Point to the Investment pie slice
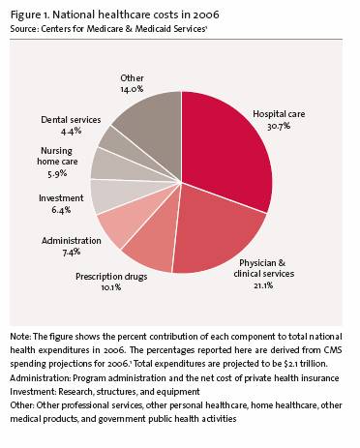tap(109, 195)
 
